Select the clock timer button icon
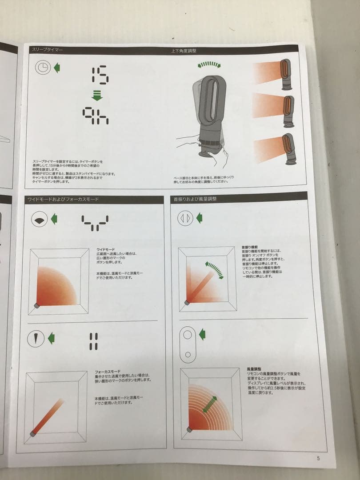click(43, 68)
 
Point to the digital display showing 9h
click(96, 116)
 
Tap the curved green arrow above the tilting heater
click(209, 65)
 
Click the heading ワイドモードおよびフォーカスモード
click(63, 200)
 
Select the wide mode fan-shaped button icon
click(39, 219)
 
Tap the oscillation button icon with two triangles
click(185, 218)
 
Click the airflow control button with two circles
click(188, 343)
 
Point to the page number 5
click(318, 459)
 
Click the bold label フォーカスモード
click(107, 370)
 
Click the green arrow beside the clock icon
click(56, 68)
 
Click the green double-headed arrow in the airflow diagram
click(210, 404)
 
